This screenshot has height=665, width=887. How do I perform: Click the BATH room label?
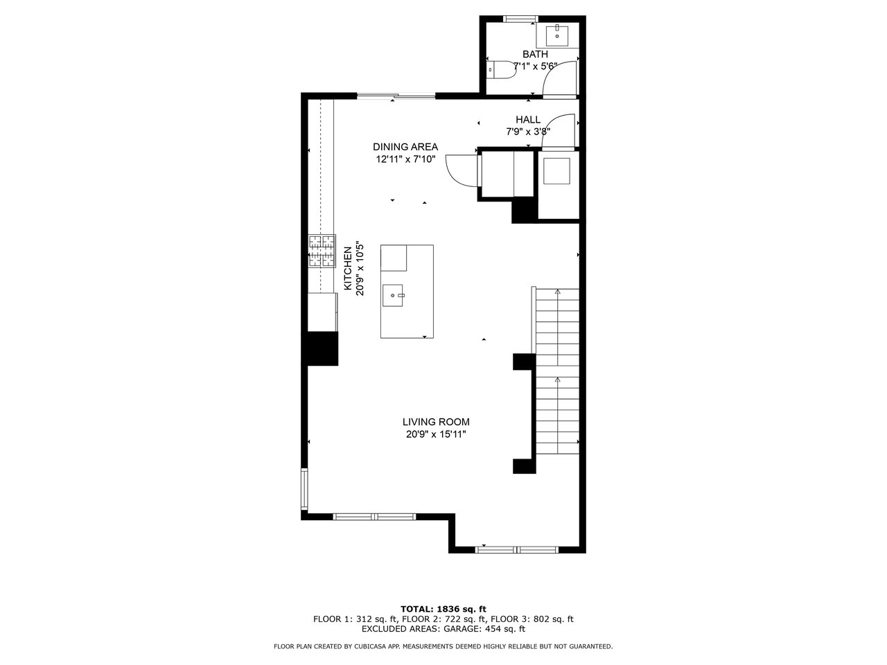click(535, 54)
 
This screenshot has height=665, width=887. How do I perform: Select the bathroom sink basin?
click(557, 36)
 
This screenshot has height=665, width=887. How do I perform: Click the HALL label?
click(528, 120)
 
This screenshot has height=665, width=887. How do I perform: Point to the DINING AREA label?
click(405, 147)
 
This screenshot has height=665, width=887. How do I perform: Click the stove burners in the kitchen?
click(322, 251)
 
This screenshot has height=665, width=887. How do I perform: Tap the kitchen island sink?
click(393, 295)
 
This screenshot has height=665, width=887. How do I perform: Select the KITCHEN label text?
click(348, 269)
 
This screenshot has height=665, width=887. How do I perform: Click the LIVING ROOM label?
click(436, 422)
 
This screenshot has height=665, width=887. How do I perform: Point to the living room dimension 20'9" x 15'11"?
click(436, 434)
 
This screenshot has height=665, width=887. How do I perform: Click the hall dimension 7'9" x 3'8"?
click(528, 132)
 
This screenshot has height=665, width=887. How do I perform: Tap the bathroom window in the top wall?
click(520, 19)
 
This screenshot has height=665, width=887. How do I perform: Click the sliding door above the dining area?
click(396, 96)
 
